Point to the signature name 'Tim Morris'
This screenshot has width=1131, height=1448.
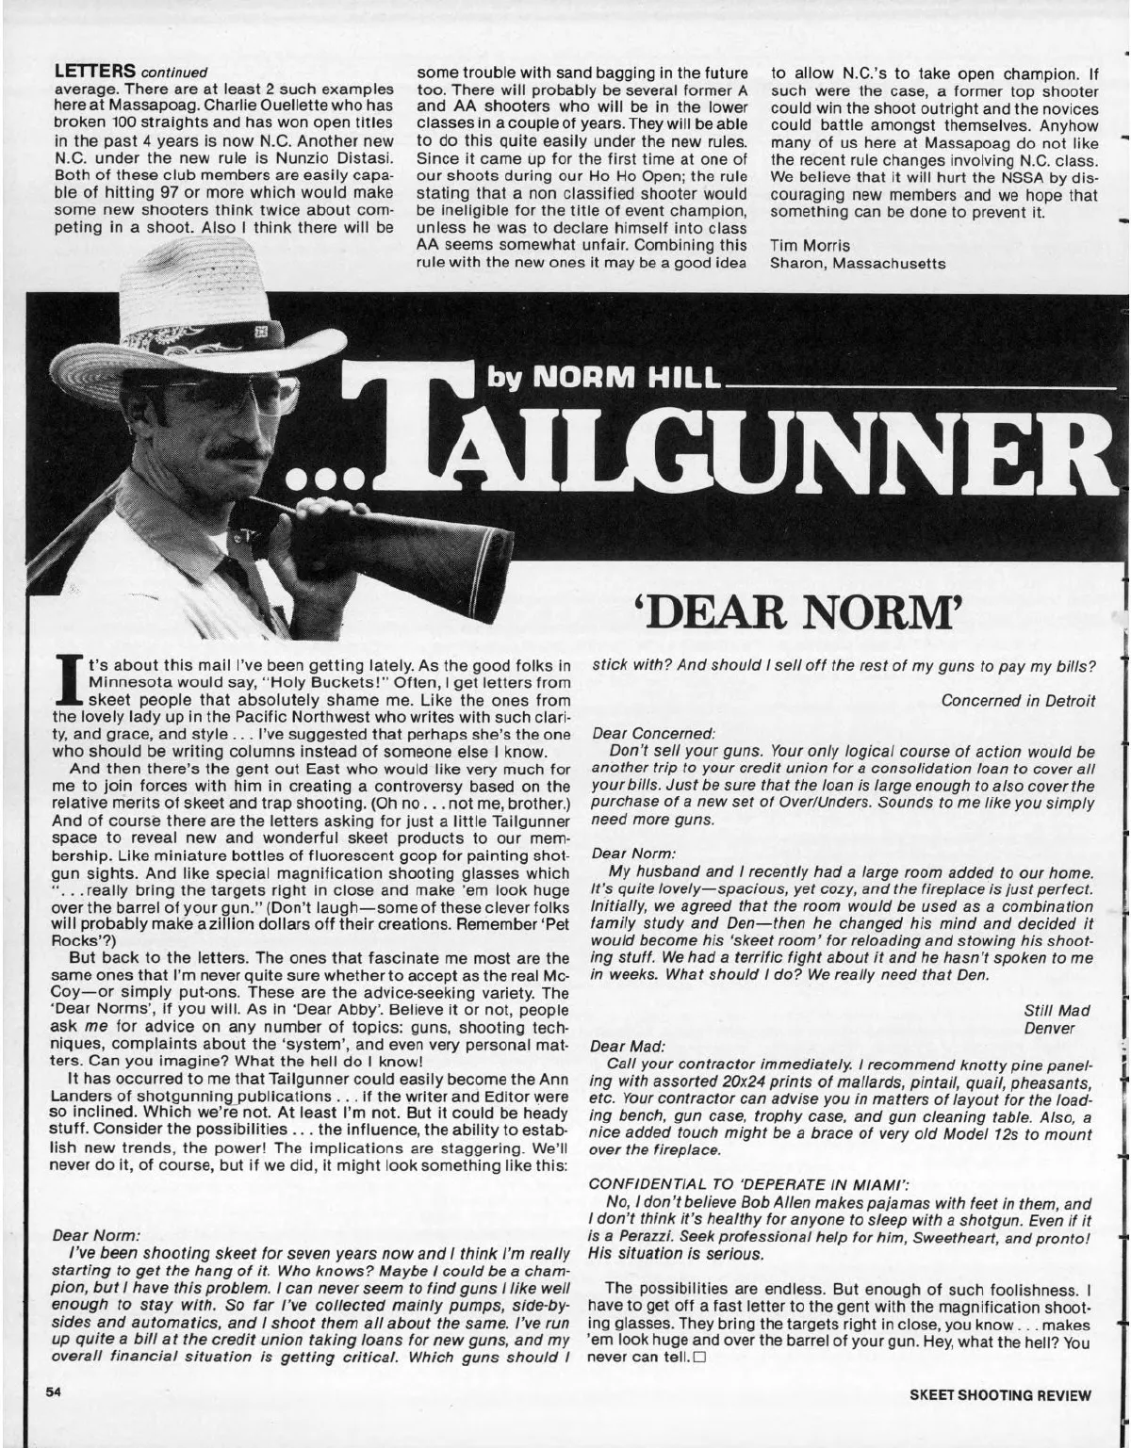[803, 246]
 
